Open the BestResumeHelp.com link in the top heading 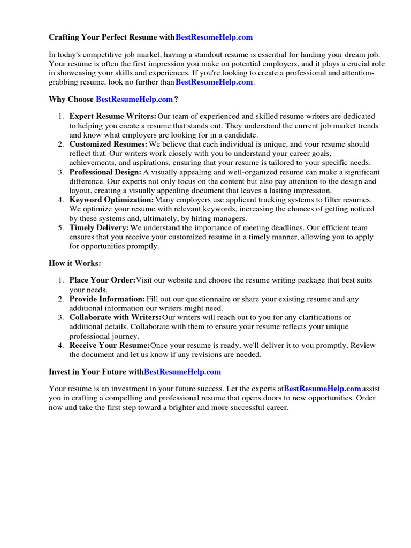tap(214, 37)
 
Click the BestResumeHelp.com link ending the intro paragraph tap(214, 82)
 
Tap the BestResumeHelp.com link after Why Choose tap(134, 100)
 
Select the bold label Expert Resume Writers tap(113, 116)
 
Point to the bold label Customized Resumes tap(108, 144)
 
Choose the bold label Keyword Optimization tap(111, 200)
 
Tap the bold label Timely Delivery tap(99, 228)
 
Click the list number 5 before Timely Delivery tap(60, 228)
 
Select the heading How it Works tap(74, 263)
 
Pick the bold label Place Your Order tap(102, 280)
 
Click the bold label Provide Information tap(107, 299)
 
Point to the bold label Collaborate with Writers tap(115, 318)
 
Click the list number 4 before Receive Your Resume tap(60, 346)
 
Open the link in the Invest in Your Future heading tap(182, 371)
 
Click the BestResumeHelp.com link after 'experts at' tap(322, 389)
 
